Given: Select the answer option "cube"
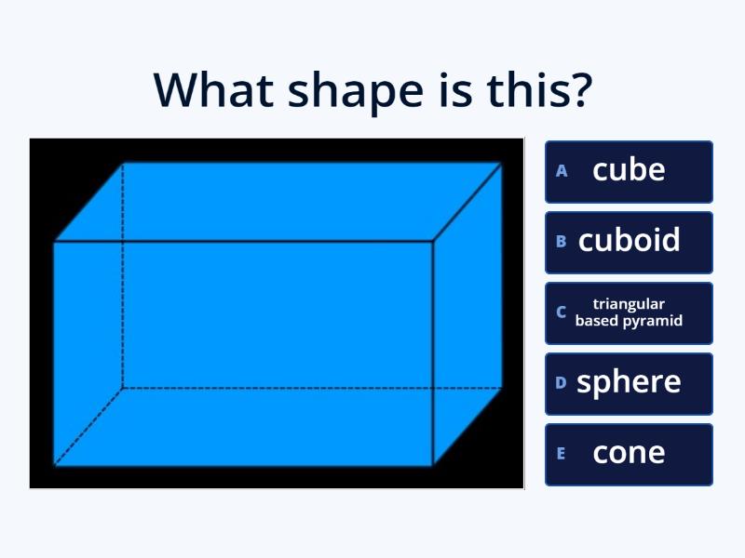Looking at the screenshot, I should tap(629, 170).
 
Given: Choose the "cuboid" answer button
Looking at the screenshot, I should tap(629, 241).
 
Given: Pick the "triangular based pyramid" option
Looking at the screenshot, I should tap(629, 312).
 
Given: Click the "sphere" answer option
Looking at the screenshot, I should tap(629, 382).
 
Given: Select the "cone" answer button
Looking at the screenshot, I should tap(629, 453).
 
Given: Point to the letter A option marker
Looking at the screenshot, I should tap(562, 171).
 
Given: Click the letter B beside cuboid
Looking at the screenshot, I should tap(562, 242).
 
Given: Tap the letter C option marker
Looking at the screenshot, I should tap(562, 312).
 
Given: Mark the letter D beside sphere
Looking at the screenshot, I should tap(562, 382).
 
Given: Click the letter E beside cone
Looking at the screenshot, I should tap(562, 454).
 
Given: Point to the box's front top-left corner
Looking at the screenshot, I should tap(54, 242).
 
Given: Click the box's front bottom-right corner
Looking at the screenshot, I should tap(433, 464).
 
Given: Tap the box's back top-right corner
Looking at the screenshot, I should tap(502, 164).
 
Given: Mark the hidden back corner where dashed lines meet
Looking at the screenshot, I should tap(123, 387).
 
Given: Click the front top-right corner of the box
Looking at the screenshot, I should tap(433, 242).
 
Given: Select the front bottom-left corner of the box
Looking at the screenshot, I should tap(54, 464).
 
